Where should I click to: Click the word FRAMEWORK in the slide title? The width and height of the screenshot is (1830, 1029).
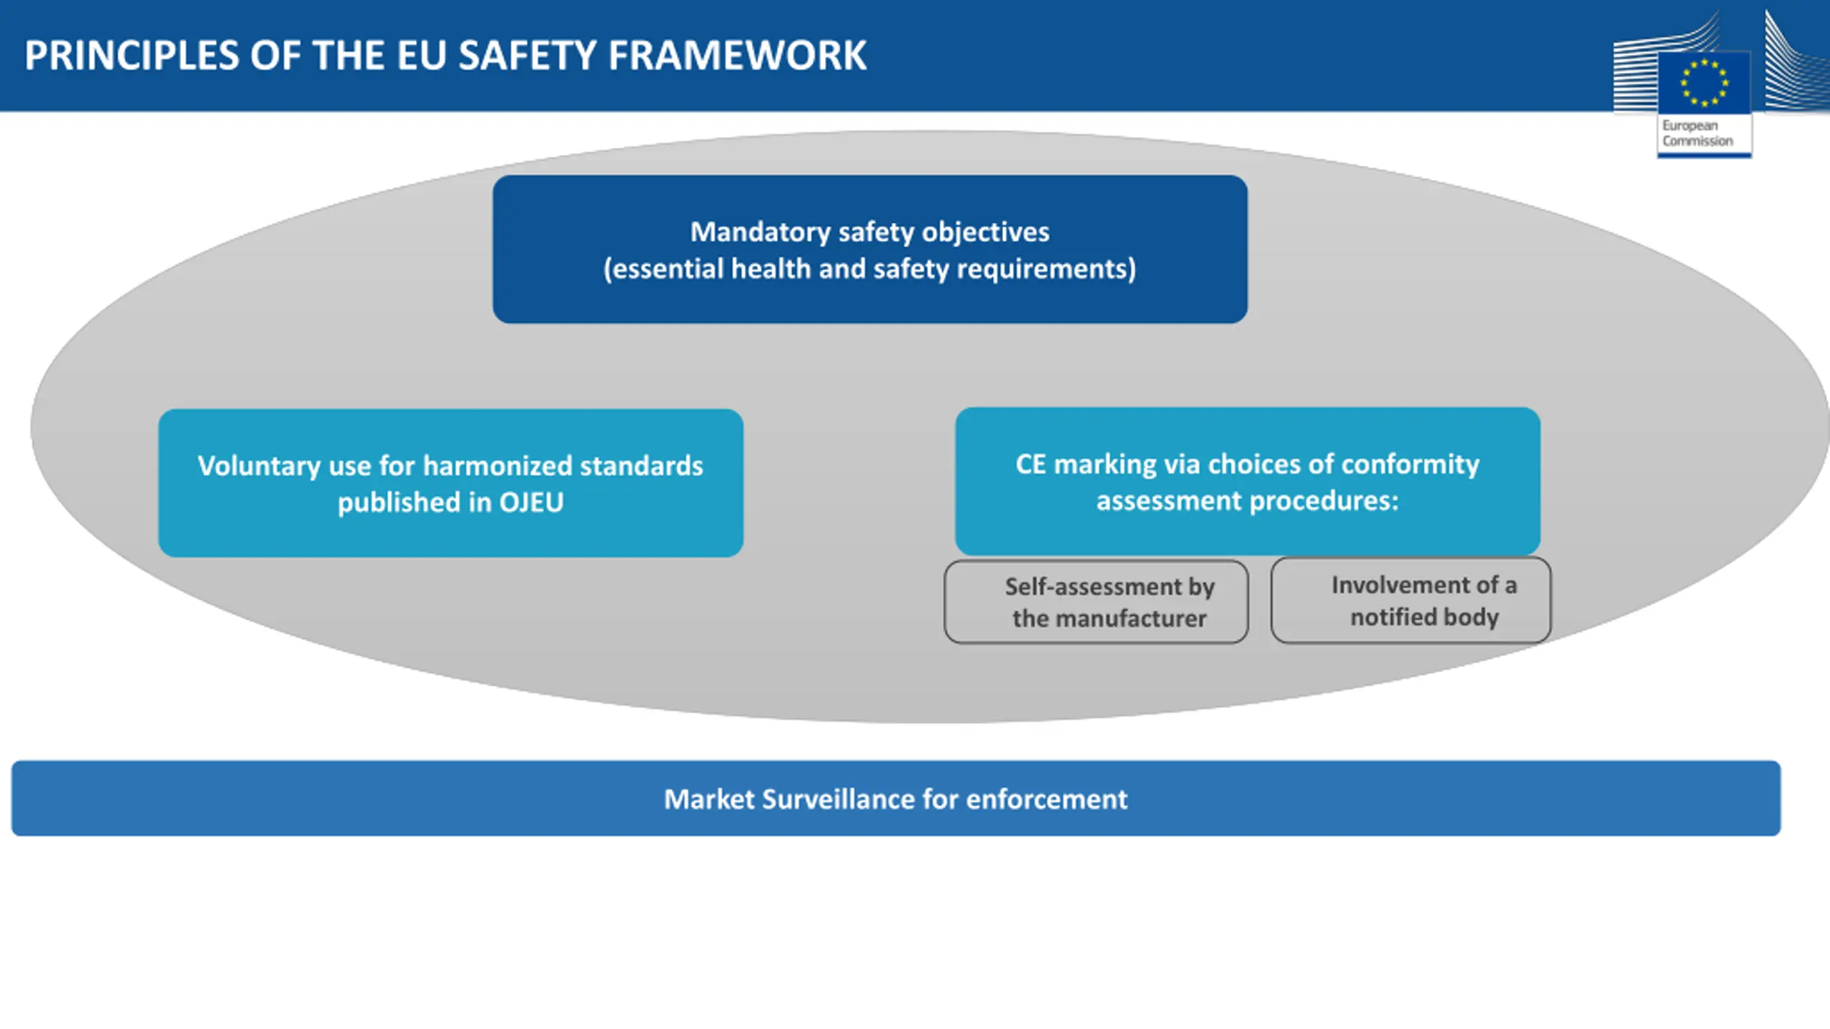[738, 56]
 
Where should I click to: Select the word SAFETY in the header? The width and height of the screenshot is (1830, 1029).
[527, 56]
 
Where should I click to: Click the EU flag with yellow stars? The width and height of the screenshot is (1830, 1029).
[1704, 83]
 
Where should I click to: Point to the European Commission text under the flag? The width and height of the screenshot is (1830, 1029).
[1697, 134]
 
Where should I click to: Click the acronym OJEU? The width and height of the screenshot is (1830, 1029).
[531, 502]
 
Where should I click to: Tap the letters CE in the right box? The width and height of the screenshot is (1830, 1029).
[1031, 464]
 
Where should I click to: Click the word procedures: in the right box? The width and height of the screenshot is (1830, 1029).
[1324, 501]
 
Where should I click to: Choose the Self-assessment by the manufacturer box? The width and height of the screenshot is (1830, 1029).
[1097, 602]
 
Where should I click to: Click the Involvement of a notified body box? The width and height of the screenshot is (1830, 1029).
[1411, 600]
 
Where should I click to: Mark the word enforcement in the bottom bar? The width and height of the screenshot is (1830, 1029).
[1047, 800]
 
